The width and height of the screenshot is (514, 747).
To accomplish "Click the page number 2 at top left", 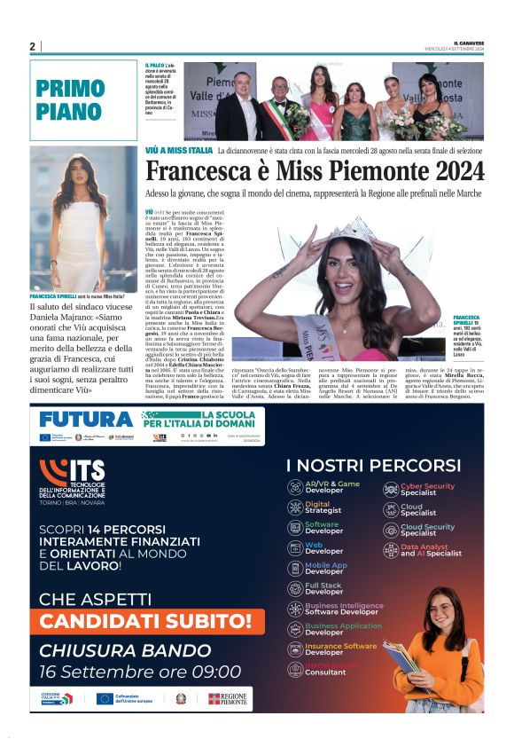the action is tap(32, 46).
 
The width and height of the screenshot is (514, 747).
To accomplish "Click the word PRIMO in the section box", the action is tap(71, 89).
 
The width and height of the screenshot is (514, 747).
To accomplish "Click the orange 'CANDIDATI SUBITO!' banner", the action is tap(145, 621).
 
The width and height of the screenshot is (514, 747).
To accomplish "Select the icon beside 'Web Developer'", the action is tap(295, 548).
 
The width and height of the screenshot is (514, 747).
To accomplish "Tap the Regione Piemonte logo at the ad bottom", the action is tap(227, 698).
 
